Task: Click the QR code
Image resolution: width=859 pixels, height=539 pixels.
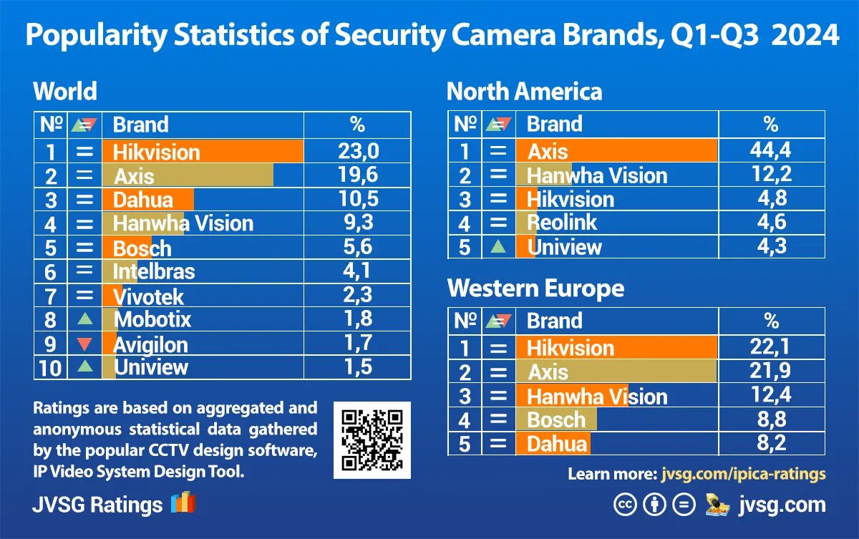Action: click(372, 440)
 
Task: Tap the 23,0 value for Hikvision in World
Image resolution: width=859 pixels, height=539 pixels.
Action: click(357, 151)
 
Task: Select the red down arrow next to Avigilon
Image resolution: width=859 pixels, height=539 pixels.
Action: click(84, 344)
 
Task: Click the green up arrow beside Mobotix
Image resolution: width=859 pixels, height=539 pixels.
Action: click(84, 319)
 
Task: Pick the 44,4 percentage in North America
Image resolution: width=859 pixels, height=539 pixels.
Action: click(770, 150)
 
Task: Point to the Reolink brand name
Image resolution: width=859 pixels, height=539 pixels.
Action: click(562, 223)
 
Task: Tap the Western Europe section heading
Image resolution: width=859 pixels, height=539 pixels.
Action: click(535, 288)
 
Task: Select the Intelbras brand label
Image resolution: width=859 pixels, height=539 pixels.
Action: click(154, 272)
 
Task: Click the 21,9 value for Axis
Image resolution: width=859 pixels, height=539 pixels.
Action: click(770, 372)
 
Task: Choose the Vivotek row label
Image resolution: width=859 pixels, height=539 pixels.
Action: click(149, 297)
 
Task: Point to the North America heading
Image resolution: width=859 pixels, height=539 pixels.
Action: click(524, 92)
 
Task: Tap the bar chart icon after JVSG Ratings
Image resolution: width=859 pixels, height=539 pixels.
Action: click(183, 503)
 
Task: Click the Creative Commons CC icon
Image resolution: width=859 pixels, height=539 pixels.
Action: click(624, 505)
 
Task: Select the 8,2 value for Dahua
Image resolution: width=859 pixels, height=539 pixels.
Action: click(770, 443)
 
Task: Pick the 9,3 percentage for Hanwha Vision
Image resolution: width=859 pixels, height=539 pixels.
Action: click(357, 223)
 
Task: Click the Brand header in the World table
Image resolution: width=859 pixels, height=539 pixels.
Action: click(140, 125)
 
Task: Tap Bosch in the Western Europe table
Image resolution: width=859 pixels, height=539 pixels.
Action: click(556, 420)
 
